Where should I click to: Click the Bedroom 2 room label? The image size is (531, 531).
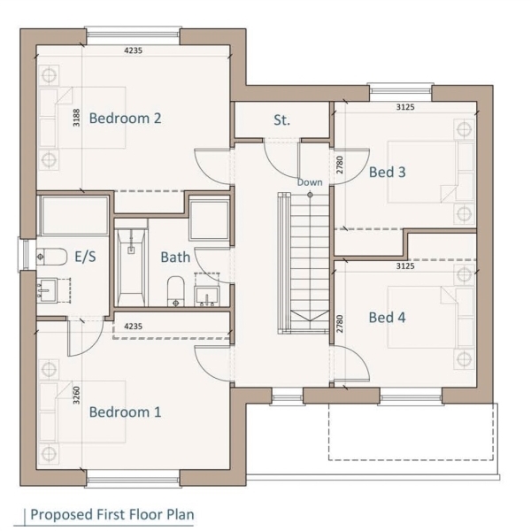click(125, 119)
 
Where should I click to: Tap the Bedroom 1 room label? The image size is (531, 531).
click(125, 412)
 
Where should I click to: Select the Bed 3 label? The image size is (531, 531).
click(387, 172)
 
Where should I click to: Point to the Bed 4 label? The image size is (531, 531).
click(387, 318)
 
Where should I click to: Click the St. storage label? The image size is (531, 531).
click(281, 120)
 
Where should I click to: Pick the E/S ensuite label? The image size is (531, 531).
click(85, 257)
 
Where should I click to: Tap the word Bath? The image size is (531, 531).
click(175, 257)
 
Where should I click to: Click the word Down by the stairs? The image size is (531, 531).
click(310, 182)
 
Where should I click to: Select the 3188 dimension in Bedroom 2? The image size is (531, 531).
click(77, 118)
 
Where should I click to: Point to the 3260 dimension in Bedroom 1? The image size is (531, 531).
click(77, 396)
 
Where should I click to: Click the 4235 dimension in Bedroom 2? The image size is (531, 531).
click(133, 50)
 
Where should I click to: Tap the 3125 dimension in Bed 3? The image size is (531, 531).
click(405, 107)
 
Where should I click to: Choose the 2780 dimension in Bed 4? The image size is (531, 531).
click(340, 324)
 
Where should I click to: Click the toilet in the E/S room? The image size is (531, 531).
click(52, 257)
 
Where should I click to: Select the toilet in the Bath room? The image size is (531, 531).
click(175, 291)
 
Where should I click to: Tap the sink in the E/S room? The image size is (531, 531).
click(47, 290)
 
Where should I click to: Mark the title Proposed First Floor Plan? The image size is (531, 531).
click(112, 514)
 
